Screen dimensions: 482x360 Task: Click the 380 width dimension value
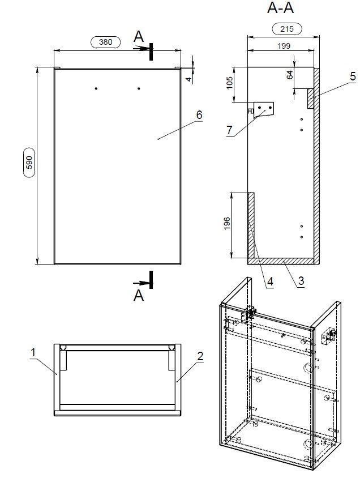[x=106, y=42]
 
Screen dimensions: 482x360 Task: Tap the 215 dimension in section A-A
[x=287, y=29]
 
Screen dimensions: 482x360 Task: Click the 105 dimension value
[x=229, y=84]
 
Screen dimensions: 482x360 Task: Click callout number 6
[x=199, y=114]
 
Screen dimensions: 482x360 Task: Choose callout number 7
[x=229, y=130]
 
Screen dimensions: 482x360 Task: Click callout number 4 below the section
[x=271, y=281]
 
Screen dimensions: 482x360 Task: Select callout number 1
[x=33, y=352]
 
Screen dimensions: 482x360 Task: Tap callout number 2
[x=199, y=356]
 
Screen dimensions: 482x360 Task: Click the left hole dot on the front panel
[x=96, y=88]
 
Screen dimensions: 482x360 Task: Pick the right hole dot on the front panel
[x=139, y=88]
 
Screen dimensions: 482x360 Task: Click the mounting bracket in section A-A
[x=263, y=109]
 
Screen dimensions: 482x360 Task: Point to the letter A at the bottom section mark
[x=139, y=295]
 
